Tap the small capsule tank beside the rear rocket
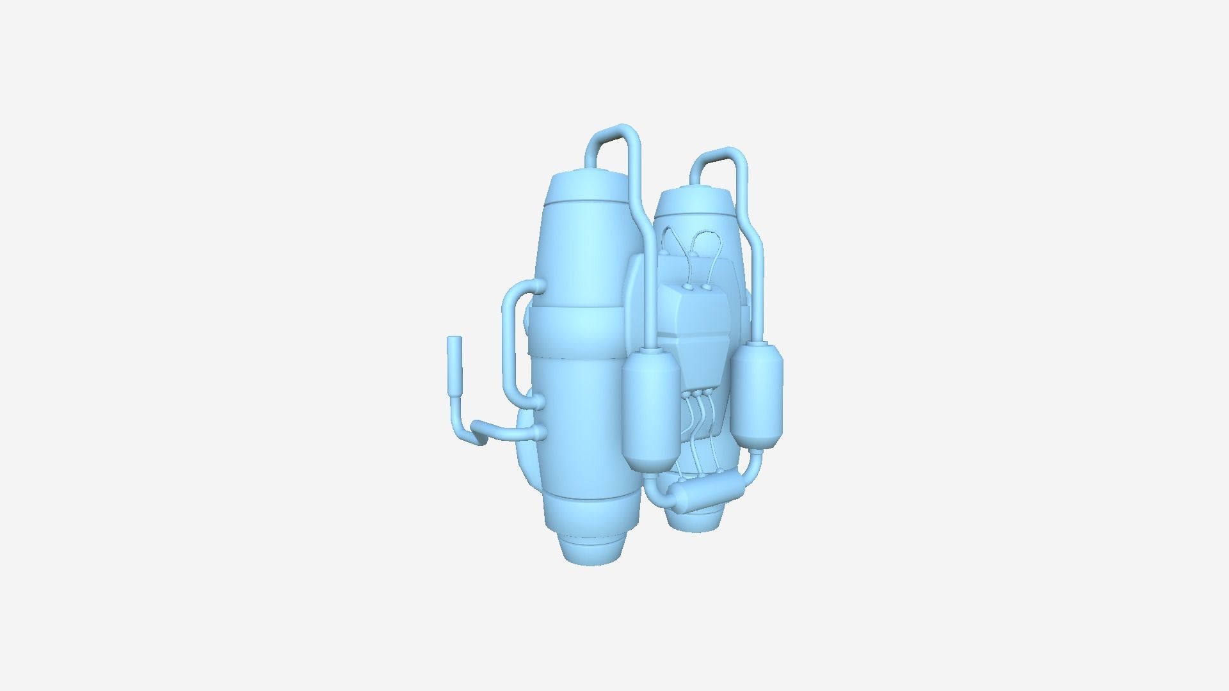[758, 397]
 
